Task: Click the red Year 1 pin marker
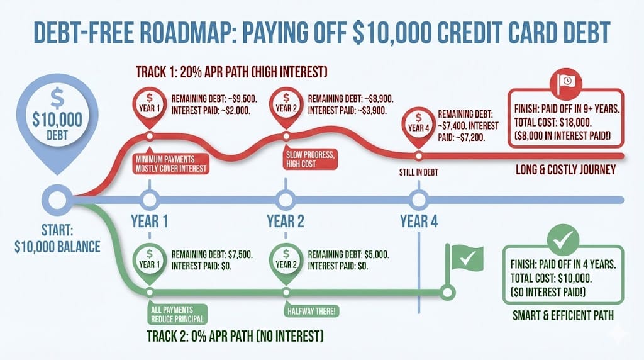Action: (150, 106)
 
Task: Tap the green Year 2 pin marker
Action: (286, 262)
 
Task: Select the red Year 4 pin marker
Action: (418, 125)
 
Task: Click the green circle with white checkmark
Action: (563, 240)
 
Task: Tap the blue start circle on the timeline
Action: (57, 200)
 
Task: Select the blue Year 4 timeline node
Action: (418, 200)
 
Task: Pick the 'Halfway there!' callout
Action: (311, 310)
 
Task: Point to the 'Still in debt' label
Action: (418, 172)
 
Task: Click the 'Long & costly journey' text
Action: (565, 169)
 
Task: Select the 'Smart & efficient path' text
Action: (563, 315)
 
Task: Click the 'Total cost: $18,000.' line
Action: (553, 122)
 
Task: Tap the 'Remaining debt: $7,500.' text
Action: (212, 254)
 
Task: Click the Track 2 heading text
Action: (235, 336)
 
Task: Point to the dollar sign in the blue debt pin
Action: (57, 98)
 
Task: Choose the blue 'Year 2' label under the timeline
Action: (286, 221)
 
